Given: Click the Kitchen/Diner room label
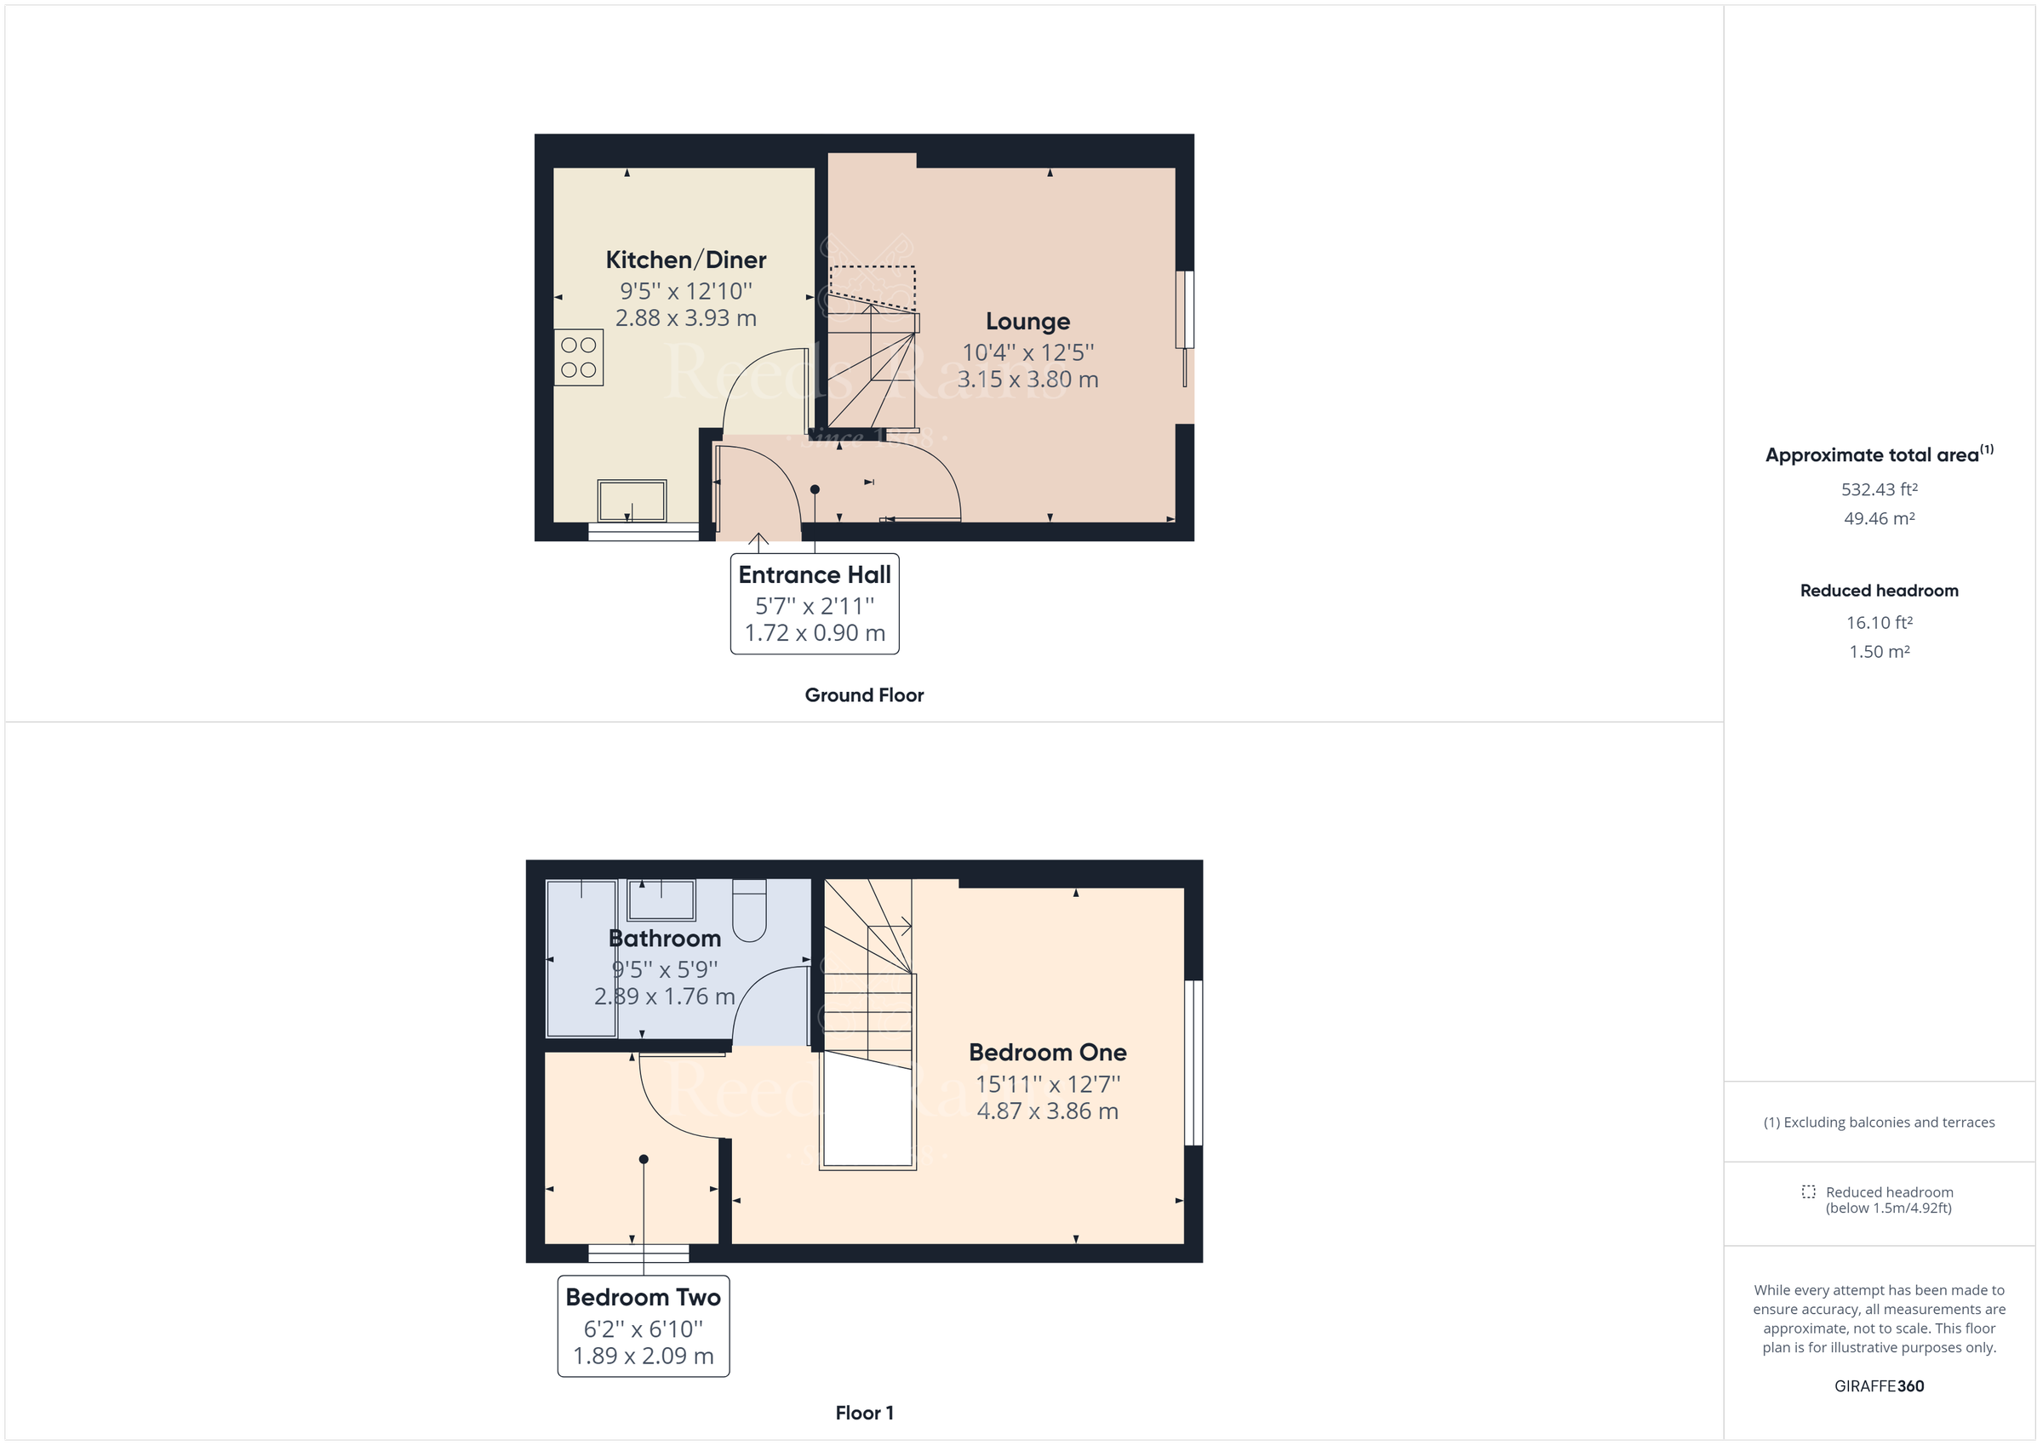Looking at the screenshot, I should click(x=685, y=260).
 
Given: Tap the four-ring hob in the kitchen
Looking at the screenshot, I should click(x=578, y=357).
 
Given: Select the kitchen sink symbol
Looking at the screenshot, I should click(x=632, y=501).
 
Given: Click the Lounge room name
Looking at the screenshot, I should click(x=1027, y=321).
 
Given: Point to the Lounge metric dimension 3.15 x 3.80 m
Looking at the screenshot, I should click(x=1027, y=380).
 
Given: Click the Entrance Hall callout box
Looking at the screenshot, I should click(x=814, y=604).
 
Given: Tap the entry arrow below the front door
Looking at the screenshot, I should click(x=758, y=540).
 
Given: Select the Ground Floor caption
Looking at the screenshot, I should click(x=864, y=695).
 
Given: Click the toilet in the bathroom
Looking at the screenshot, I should click(x=749, y=910).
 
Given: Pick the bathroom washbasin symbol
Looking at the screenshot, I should click(x=661, y=900).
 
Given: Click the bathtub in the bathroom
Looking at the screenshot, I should click(x=581, y=958).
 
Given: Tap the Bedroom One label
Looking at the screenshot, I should click(x=1047, y=1053).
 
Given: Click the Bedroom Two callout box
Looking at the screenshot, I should click(x=644, y=1326).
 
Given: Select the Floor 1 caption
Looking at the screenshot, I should click(x=864, y=1413).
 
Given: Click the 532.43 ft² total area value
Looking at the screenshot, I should click(x=1880, y=489).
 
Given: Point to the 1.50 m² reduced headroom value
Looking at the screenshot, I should click(x=1880, y=652).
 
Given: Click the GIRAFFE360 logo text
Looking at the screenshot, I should click(x=1880, y=1386).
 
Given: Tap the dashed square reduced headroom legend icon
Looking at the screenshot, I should click(x=1808, y=1191).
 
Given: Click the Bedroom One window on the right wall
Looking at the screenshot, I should click(x=1193, y=1062).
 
